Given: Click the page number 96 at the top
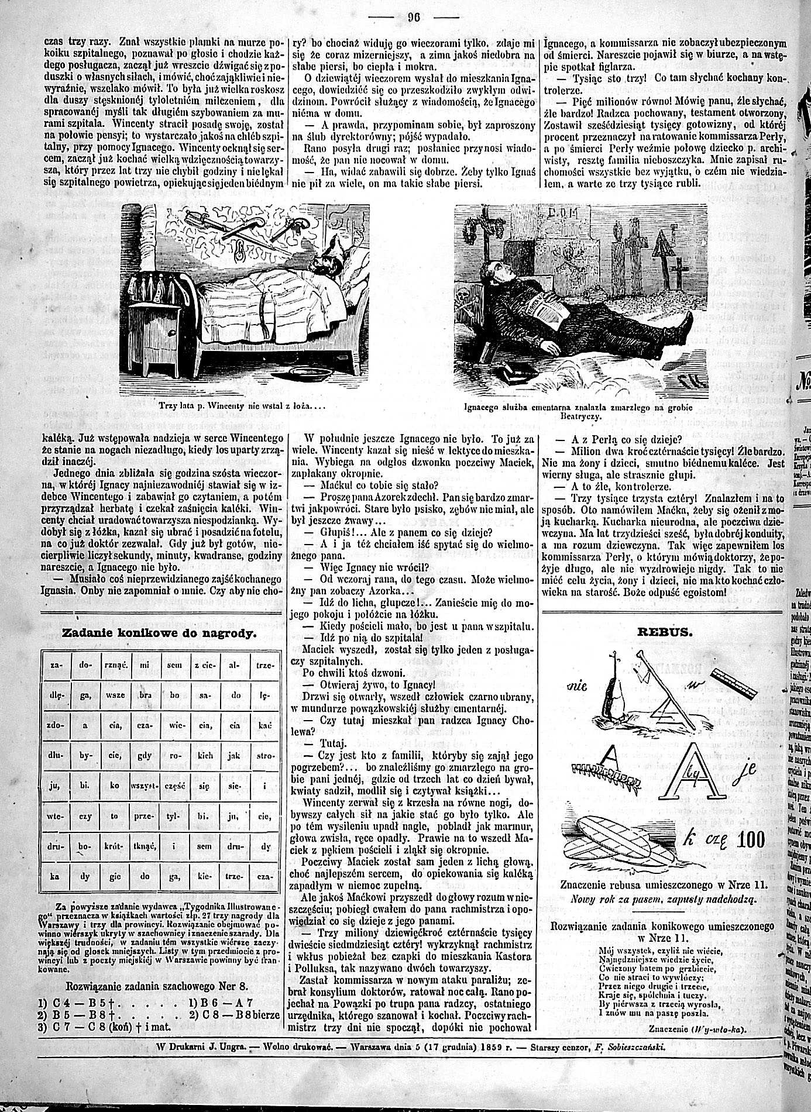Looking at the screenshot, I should click(x=414, y=16).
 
